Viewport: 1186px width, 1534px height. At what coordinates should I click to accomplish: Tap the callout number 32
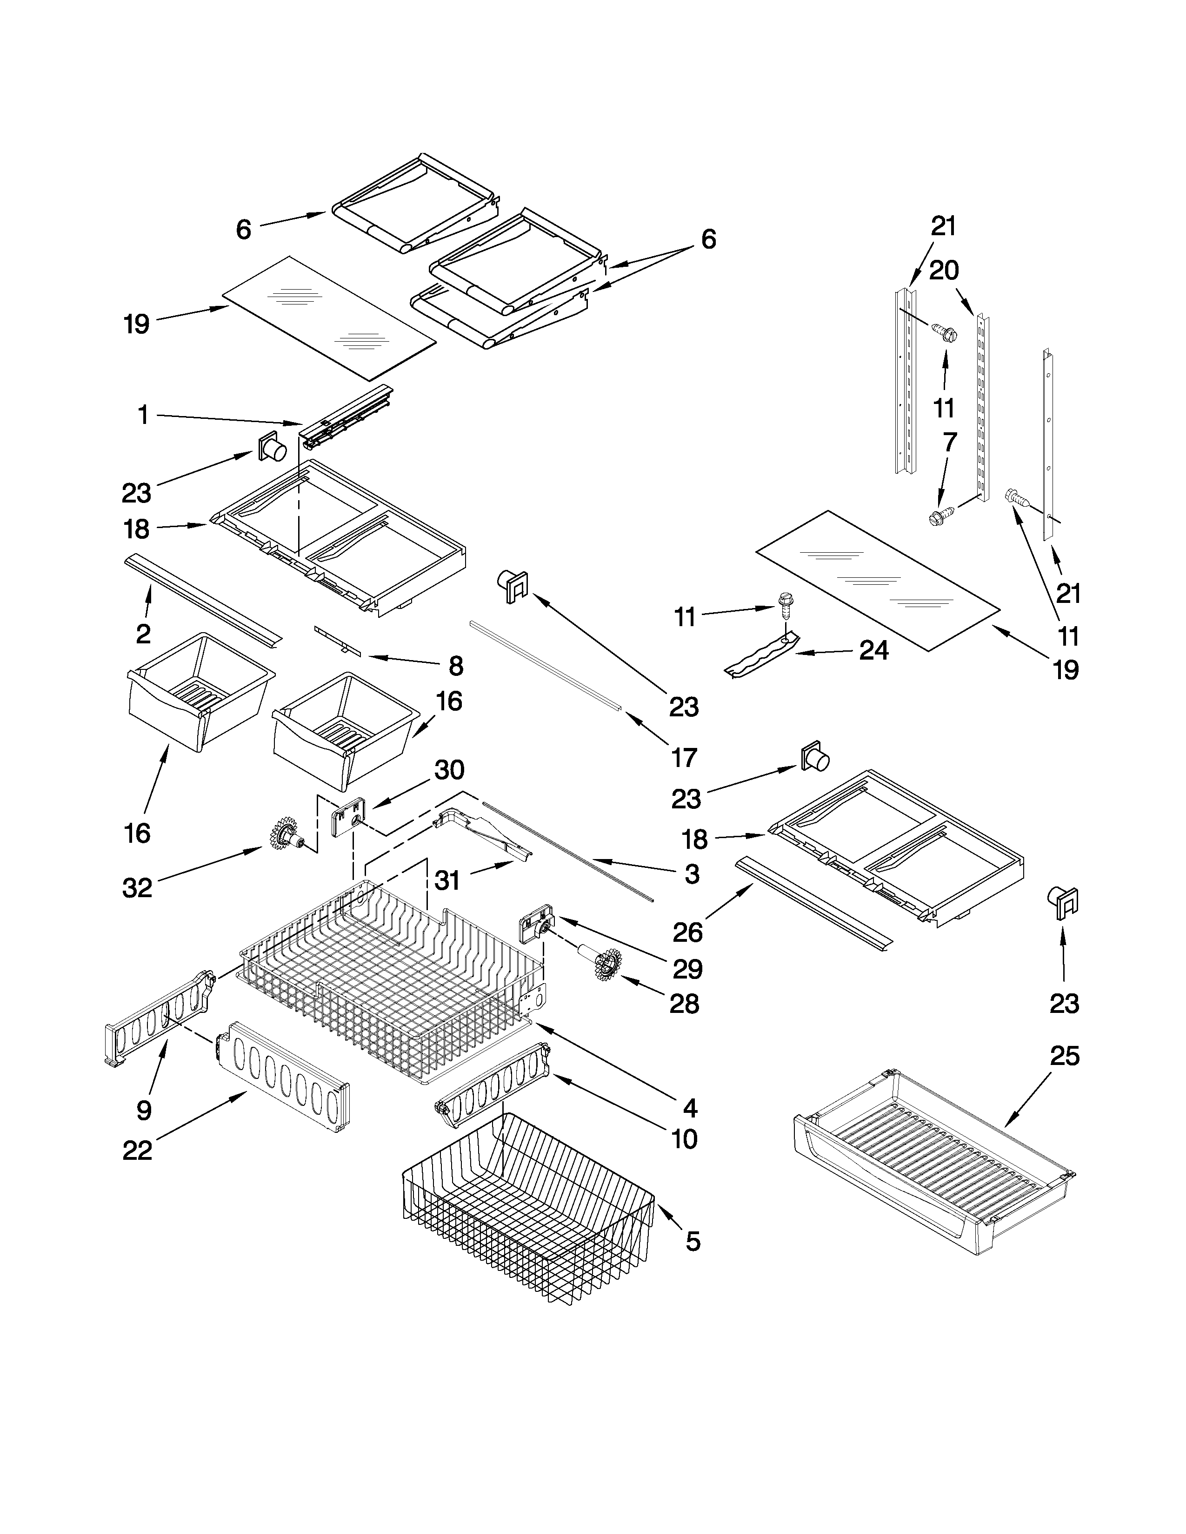point(137,888)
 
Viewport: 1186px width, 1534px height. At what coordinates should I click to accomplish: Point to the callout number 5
point(692,1241)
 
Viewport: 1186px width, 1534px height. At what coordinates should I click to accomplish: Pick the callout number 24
point(874,651)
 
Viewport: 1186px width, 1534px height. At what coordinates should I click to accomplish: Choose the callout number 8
point(455,665)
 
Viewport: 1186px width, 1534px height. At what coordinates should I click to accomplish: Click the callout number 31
point(447,880)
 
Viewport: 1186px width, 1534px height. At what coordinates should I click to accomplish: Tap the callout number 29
point(687,969)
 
